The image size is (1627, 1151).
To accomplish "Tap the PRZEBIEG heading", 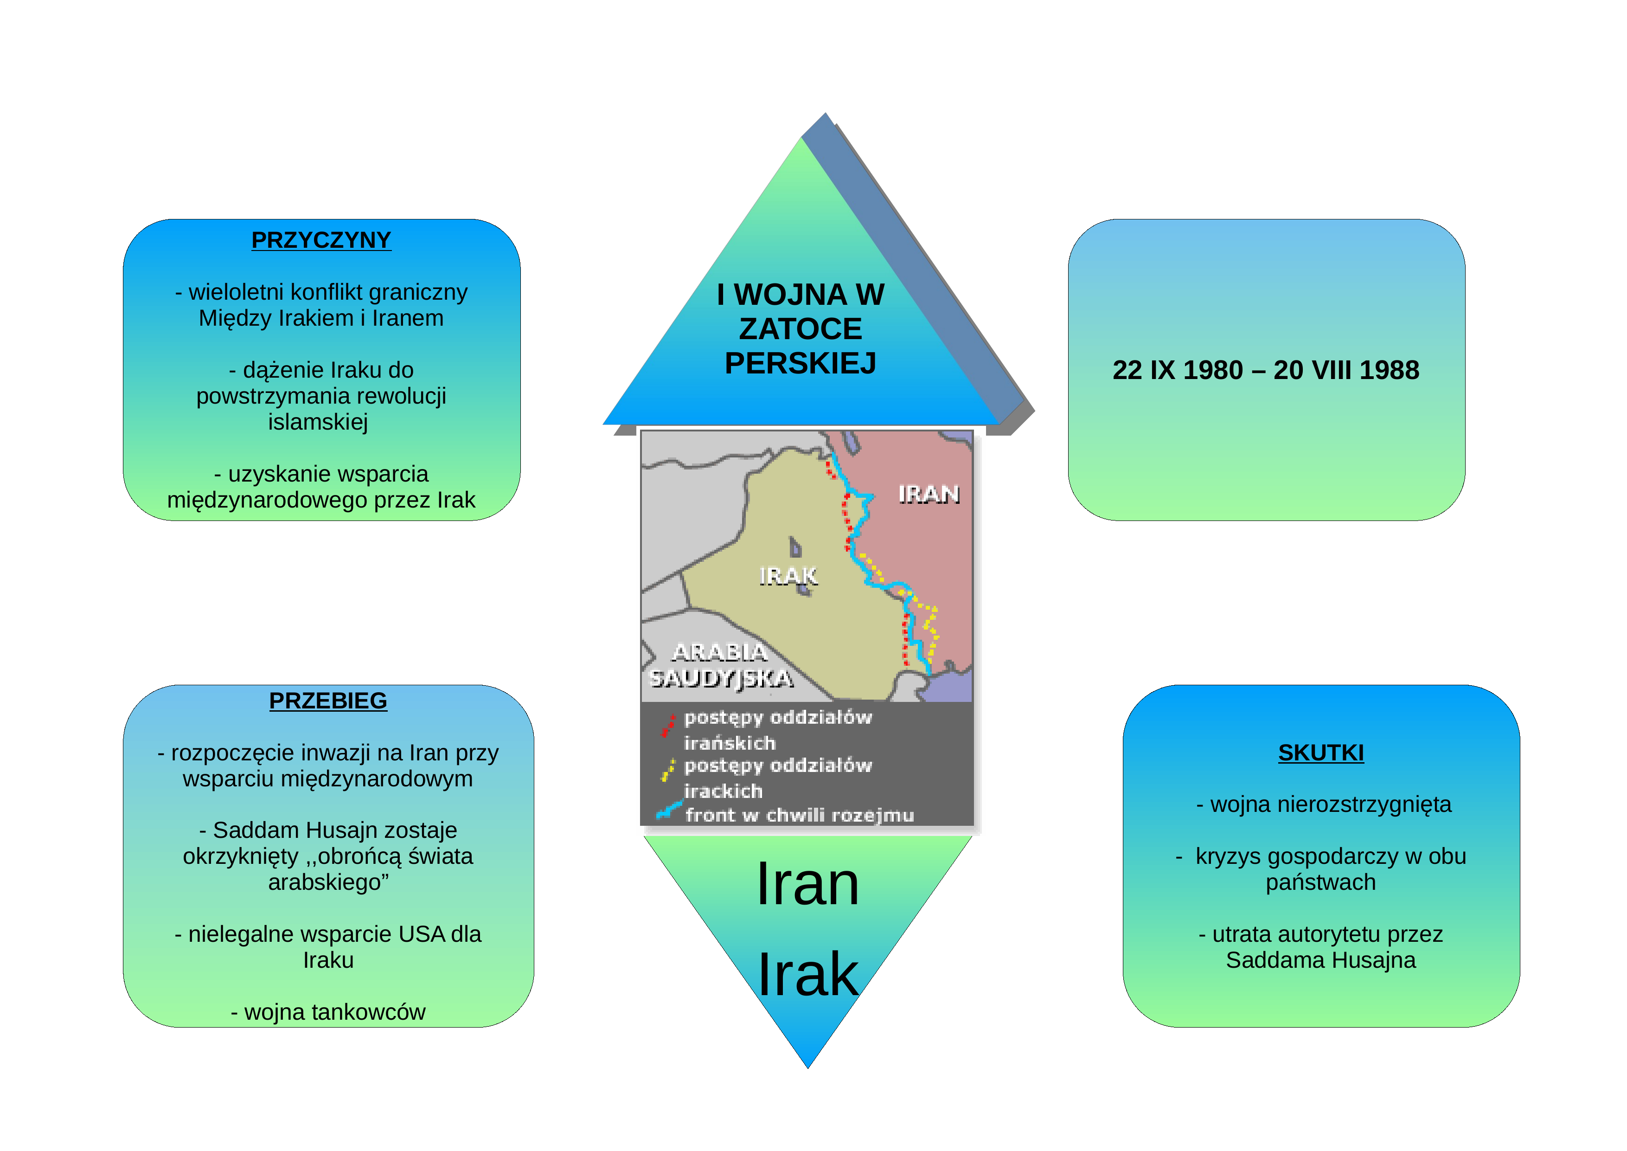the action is (x=328, y=700).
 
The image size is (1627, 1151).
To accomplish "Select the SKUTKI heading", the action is (x=1321, y=752).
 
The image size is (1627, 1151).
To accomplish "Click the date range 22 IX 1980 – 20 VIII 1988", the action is (x=1266, y=370).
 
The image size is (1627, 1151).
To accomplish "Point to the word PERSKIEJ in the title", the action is (x=800, y=363).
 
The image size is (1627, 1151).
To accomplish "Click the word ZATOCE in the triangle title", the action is (x=801, y=329).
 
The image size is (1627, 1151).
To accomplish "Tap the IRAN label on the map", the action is (x=929, y=494).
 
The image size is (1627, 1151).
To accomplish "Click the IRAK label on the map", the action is (x=788, y=575).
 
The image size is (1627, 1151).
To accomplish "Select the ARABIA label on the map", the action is (x=719, y=651).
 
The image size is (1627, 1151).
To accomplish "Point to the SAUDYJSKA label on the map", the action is (x=721, y=678).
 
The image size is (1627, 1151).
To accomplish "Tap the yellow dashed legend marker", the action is (x=667, y=770).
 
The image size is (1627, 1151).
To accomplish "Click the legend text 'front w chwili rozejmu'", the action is (x=799, y=815).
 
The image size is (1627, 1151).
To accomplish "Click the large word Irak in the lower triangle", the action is (x=808, y=975).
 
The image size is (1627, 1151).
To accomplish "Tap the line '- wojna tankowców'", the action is (x=328, y=1012).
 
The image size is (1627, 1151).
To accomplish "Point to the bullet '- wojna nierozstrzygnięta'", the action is (x=1324, y=804).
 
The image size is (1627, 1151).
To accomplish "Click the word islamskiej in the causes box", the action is (x=318, y=423).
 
